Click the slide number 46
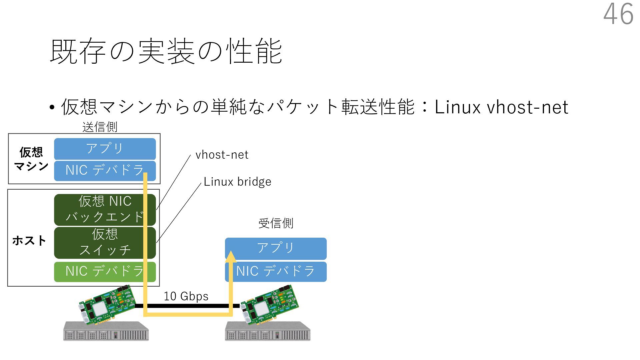tap(618, 14)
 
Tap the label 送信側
tap(100, 127)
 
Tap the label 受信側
tap(276, 223)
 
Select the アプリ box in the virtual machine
tap(105, 149)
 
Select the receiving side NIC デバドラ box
tap(276, 271)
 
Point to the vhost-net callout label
tap(222, 155)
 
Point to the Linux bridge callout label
tap(237, 182)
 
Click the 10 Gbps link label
tap(186, 296)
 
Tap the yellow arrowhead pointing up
tap(230, 256)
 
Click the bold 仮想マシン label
tap(31, 159)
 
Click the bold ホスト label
tap(29, 240)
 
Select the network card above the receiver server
tap(269, 304)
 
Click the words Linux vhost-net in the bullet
tap(501, 107)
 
